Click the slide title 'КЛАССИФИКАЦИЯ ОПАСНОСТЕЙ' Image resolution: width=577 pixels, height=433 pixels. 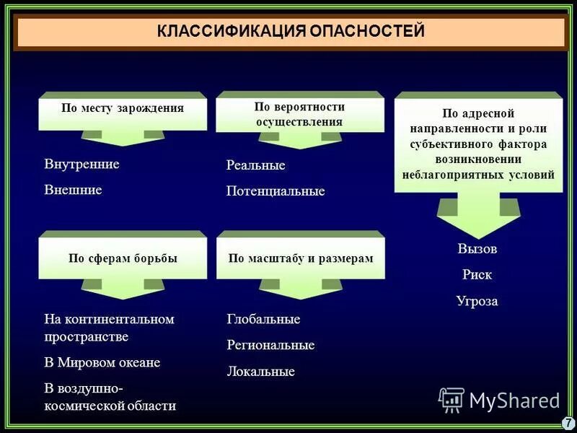click(291, 32)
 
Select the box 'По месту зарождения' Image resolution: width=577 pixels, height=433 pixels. click(123, 108)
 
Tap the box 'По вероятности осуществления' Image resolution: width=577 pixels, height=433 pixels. click(299, 114)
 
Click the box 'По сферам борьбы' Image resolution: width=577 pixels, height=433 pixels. click(123, 258)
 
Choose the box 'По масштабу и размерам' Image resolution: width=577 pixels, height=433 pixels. click(301, 258)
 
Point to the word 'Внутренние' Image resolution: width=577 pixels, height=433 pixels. click(82, 164)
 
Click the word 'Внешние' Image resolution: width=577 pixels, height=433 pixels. click(73, 190)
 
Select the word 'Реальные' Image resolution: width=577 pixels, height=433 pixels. click(256, 165)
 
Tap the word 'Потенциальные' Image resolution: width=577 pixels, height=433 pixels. click(276, 191)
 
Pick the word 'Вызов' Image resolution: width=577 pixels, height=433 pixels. click(477, 248)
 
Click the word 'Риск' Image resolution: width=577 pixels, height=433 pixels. click(477, 275)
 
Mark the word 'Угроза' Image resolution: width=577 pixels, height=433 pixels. click(477, 301)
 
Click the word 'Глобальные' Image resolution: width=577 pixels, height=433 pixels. click(263, 319)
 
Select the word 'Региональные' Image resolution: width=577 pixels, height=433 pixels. click(270, 345)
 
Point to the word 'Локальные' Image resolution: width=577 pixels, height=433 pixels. click(260, 372)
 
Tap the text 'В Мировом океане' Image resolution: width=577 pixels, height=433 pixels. click(102, 362)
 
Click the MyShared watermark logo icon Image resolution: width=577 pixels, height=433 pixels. click(452, 399)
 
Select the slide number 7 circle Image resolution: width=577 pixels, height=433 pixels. click(567, 422)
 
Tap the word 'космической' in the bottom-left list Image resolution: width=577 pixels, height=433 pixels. click(80, 406)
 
